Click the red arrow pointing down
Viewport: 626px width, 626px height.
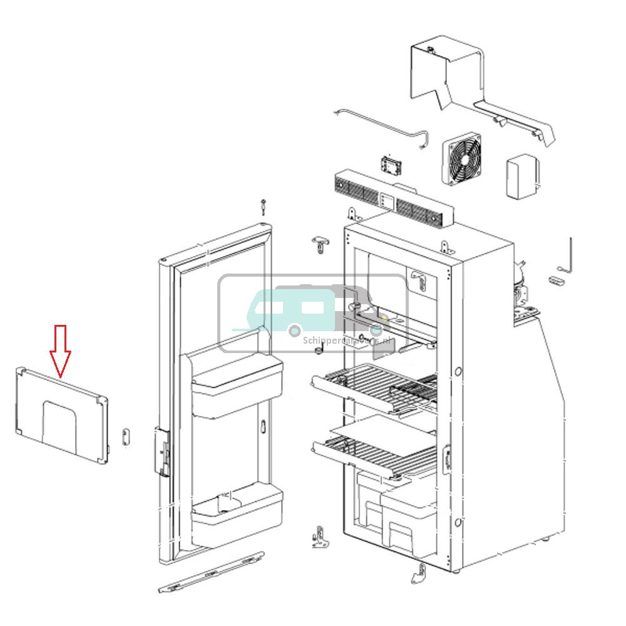click(x=60, y=351)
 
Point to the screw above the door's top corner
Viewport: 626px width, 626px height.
click(x=265, y=207)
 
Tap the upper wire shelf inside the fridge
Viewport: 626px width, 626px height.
click(x=376, y=388)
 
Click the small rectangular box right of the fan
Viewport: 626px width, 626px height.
click(x=521, y=177)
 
